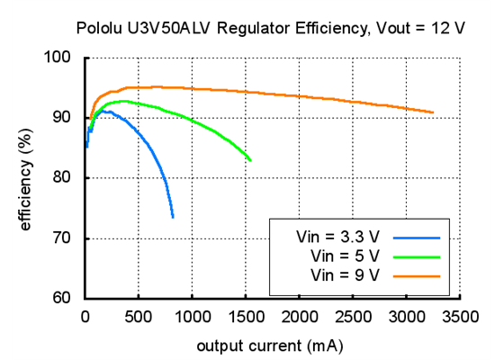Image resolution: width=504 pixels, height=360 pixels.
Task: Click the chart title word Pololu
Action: pyautogui.click(x=101, y=28)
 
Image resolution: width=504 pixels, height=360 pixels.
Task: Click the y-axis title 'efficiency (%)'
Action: pyautogui.click(x=26, y=178)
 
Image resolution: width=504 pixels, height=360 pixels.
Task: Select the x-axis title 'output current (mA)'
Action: pyautogui.click(x=272, y=346)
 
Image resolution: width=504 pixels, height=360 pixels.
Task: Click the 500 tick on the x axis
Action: pyautogui.click(x=139, y=317)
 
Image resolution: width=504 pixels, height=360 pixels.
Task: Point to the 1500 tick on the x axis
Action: pyautogui.click(x=246, y=317)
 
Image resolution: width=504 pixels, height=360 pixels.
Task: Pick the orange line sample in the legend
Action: pyautogui.click(x=416, y=273)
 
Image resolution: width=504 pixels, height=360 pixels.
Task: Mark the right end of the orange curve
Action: pyautogui.click(x=433, y=112)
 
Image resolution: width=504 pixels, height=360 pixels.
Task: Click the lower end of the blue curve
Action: pyautogui.click(x=173, y=217)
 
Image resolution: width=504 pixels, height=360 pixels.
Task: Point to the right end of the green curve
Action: pyautogui.click(x=250, y=160)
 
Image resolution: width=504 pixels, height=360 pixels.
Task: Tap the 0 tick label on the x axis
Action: pyautogui.click(x=85, y=317)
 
